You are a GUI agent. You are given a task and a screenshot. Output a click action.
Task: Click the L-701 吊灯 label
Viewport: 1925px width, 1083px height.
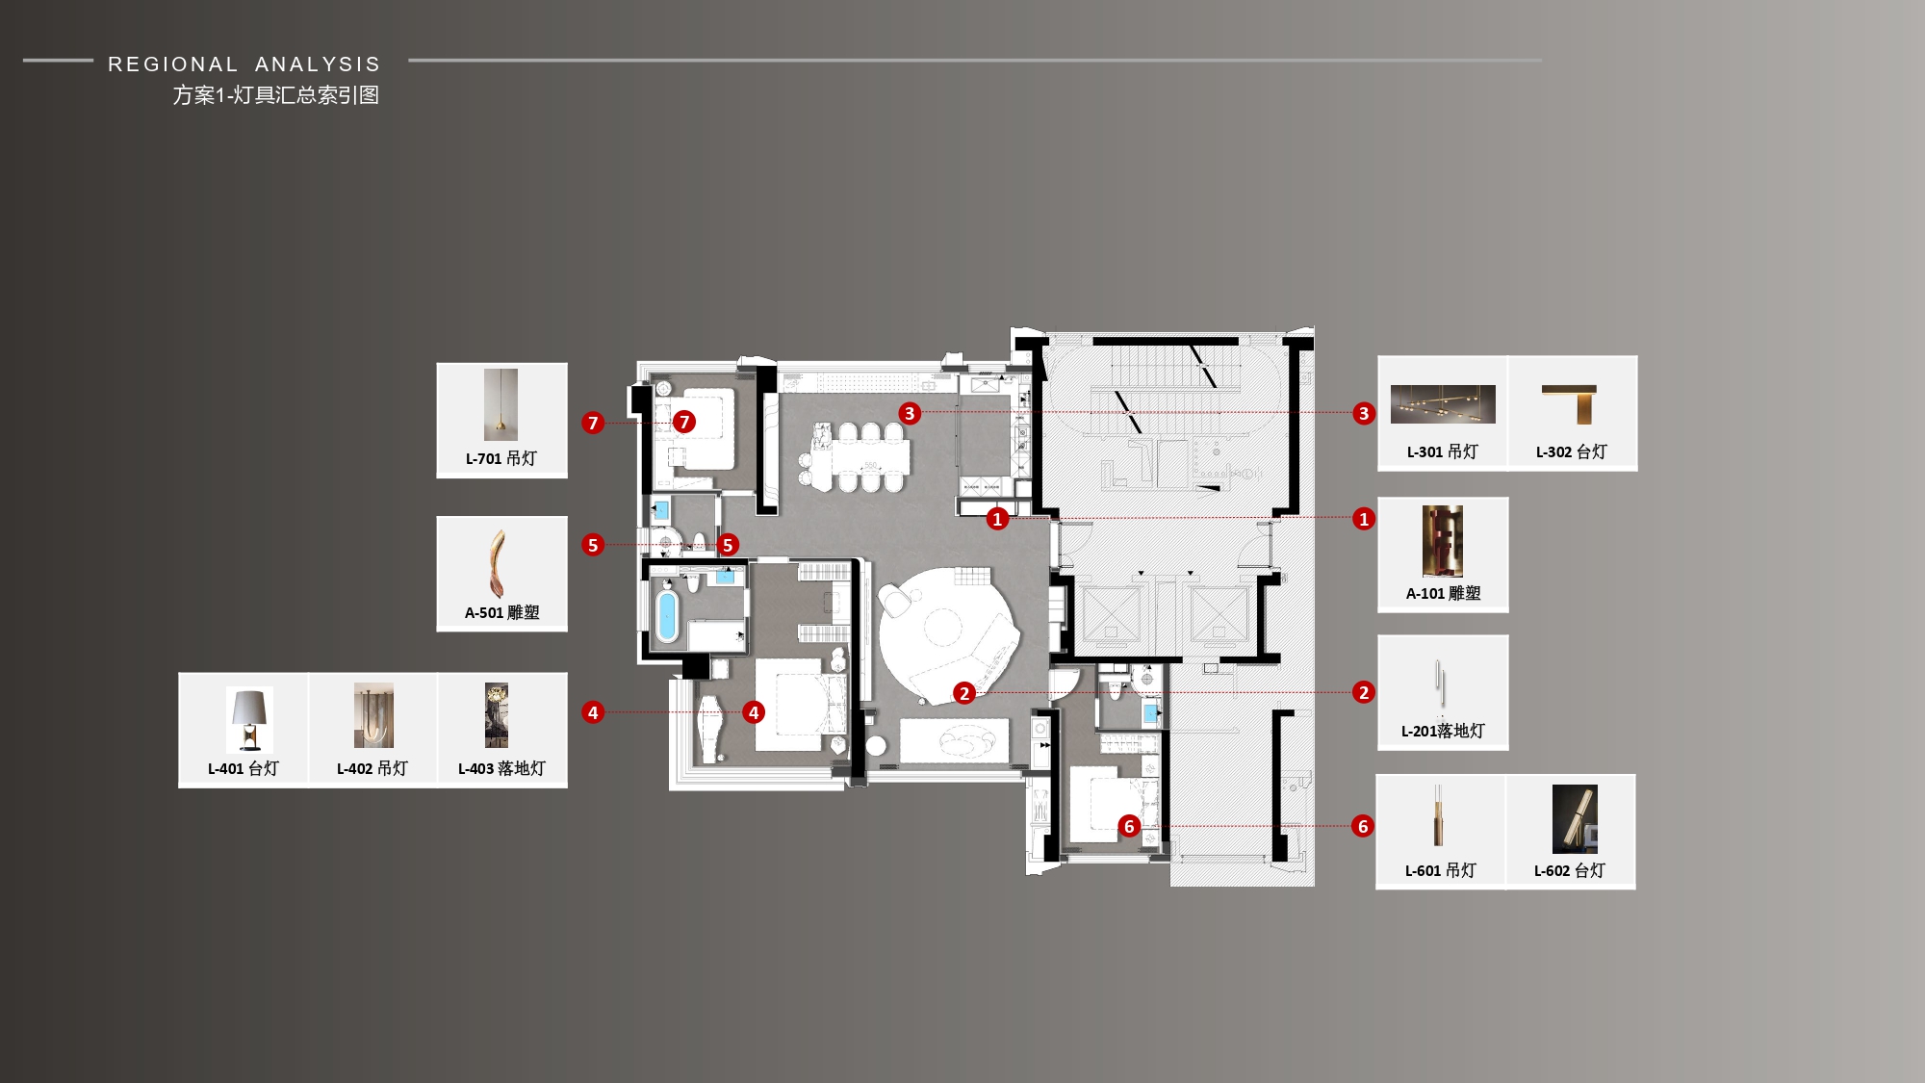pos(501,458)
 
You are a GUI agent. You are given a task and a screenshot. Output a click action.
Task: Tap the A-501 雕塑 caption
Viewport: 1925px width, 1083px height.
pos(501,612)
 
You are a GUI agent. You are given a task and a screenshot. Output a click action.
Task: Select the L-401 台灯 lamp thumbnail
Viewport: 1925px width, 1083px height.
pos(249,719)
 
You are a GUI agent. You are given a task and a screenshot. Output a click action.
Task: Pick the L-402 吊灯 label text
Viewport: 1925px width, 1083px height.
pos(372,768)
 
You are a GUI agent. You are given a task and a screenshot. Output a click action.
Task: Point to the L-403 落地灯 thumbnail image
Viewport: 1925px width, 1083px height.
pos(497,715)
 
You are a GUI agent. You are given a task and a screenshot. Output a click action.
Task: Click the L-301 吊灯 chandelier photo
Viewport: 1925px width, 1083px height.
pos(1443,404)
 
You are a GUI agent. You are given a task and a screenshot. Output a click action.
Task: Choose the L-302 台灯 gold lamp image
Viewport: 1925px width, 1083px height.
pos(1571,404)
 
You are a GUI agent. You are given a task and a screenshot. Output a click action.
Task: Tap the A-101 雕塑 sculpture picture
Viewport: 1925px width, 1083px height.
pos(1443,541)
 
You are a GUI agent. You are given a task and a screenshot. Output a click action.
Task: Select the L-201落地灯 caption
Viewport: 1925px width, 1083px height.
pos(1443,731)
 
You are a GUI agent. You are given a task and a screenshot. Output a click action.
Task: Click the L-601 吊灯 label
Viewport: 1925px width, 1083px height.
pos(1440,870)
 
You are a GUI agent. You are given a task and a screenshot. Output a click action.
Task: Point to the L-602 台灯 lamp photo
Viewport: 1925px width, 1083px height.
pos(1575,818)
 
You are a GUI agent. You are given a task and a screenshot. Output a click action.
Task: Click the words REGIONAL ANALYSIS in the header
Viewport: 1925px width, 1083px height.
pos(244,64)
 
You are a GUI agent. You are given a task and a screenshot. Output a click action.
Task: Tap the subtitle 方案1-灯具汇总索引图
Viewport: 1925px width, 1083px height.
pos(276,95)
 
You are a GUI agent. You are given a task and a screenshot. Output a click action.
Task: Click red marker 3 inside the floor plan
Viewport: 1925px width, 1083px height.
pos(910,413)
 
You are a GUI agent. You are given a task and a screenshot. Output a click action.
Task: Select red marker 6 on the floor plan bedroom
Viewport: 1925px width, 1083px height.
pos(1130,826)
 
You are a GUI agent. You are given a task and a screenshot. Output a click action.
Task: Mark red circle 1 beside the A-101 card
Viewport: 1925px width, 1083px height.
pos(1363,519)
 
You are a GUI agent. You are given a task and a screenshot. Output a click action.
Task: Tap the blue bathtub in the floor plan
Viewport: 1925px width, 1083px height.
pos(666,616)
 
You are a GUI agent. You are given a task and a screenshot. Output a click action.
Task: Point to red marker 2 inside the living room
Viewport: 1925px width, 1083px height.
pos(964,693)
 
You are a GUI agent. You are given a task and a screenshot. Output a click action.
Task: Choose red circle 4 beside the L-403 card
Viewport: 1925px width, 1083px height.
pos(593,712)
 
